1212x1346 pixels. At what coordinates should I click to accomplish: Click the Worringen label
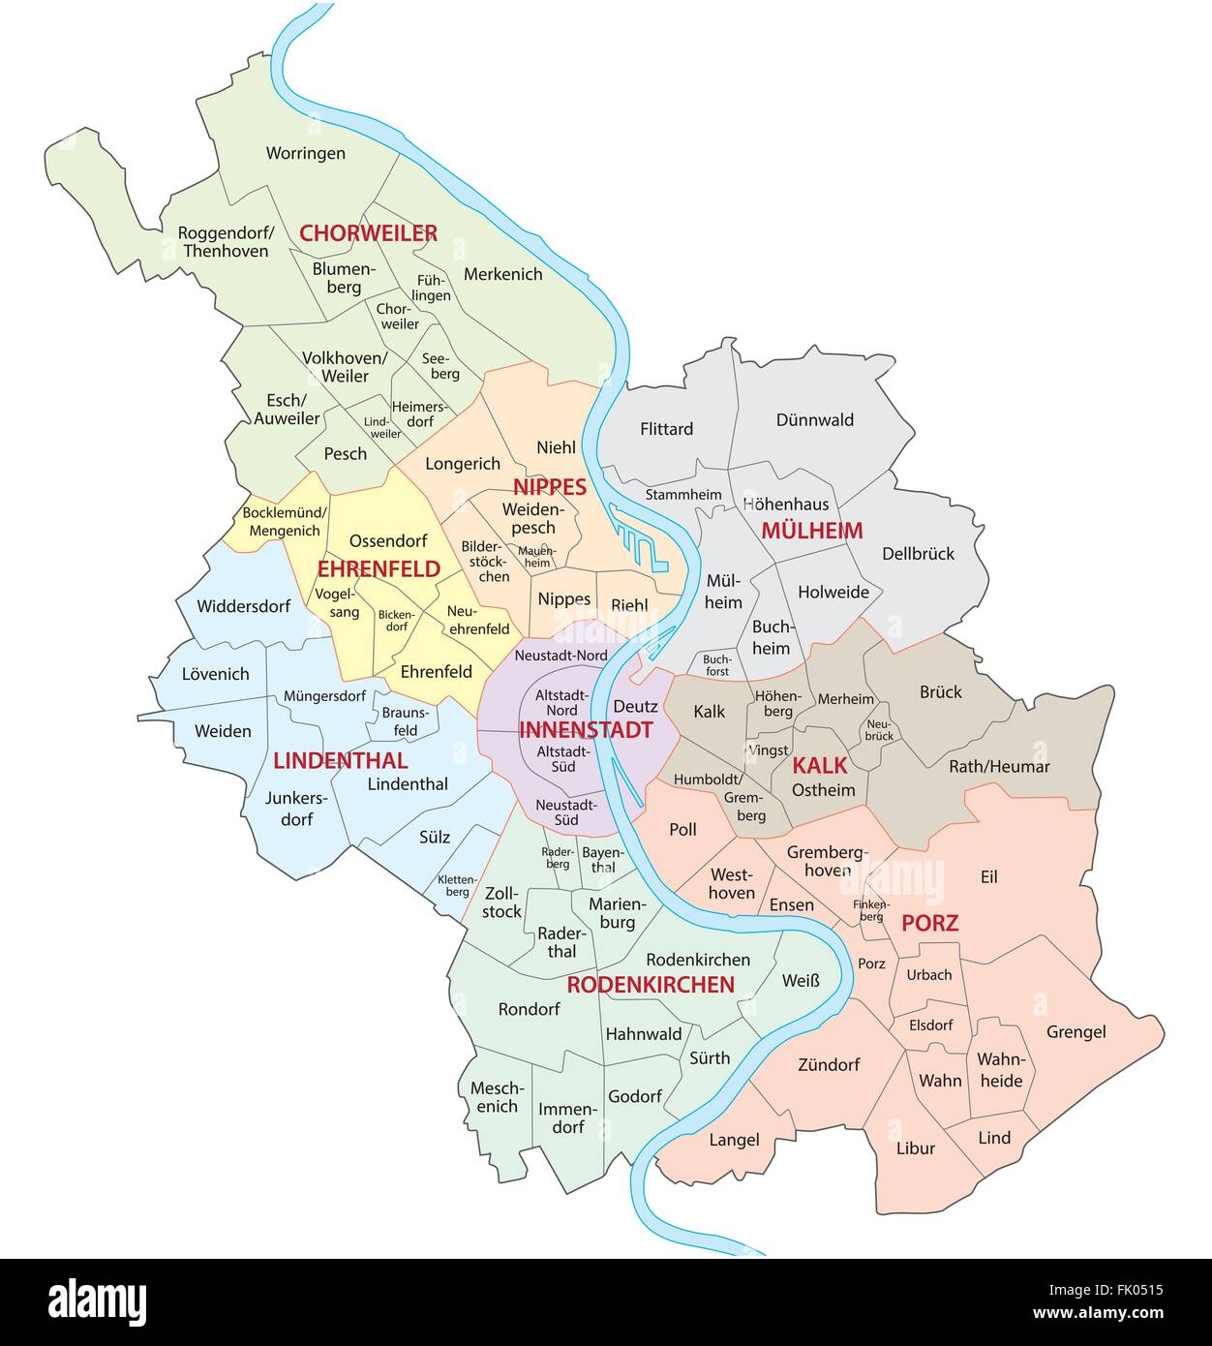tap(305, 153)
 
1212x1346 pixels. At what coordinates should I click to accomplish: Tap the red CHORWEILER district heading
tap(368, 233)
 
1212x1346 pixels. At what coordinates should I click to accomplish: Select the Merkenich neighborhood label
tap(502, 274)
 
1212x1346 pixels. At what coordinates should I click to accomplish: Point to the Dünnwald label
tap(814, 419)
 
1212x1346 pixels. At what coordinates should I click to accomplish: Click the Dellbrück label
tap(918, 554)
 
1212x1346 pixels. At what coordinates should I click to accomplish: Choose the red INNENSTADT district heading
tap(586, 730)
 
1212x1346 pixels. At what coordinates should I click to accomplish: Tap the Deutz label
tap(635, 707)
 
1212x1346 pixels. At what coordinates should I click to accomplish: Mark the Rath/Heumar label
tap(999, 766)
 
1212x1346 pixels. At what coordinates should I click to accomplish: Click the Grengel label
tap(1076, 1032)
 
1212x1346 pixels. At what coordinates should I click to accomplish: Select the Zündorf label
tap(829, 1064)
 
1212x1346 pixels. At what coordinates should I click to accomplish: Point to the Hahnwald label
tap(644, 1034)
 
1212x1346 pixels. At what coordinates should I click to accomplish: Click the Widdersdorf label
tap(243, 607)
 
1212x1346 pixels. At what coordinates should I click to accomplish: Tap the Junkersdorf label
tap(297, 809)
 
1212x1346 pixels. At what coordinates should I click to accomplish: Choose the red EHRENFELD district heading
tap(379, 570)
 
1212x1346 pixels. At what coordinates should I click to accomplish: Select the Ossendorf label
tap(381, 540)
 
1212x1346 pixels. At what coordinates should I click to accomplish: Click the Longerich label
tap(463, 464)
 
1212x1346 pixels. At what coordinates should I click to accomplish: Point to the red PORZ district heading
tap(929, 923)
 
